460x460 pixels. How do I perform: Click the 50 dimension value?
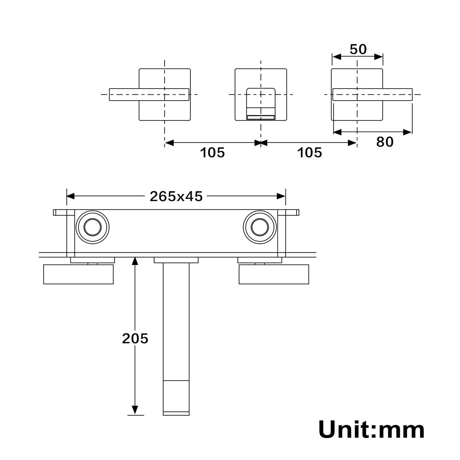point(358,49)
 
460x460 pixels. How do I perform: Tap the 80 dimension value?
point(385,142)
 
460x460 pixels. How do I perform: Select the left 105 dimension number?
point(212,152)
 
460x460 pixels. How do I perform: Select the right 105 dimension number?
point(310,152)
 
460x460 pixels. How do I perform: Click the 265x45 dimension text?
point(176,196)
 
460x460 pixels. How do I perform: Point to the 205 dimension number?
point(135,339)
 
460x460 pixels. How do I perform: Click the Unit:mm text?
point(371,430)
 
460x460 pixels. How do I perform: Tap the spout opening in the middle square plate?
point(261,103)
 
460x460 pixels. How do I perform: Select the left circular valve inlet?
point(92,227)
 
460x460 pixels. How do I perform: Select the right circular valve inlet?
point(260,227)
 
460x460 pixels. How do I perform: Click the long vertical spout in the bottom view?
point(176,322)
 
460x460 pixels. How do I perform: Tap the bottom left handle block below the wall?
point(78,274)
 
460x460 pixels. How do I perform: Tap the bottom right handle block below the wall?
point(274,274)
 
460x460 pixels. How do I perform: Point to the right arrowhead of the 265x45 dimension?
point(281,196)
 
